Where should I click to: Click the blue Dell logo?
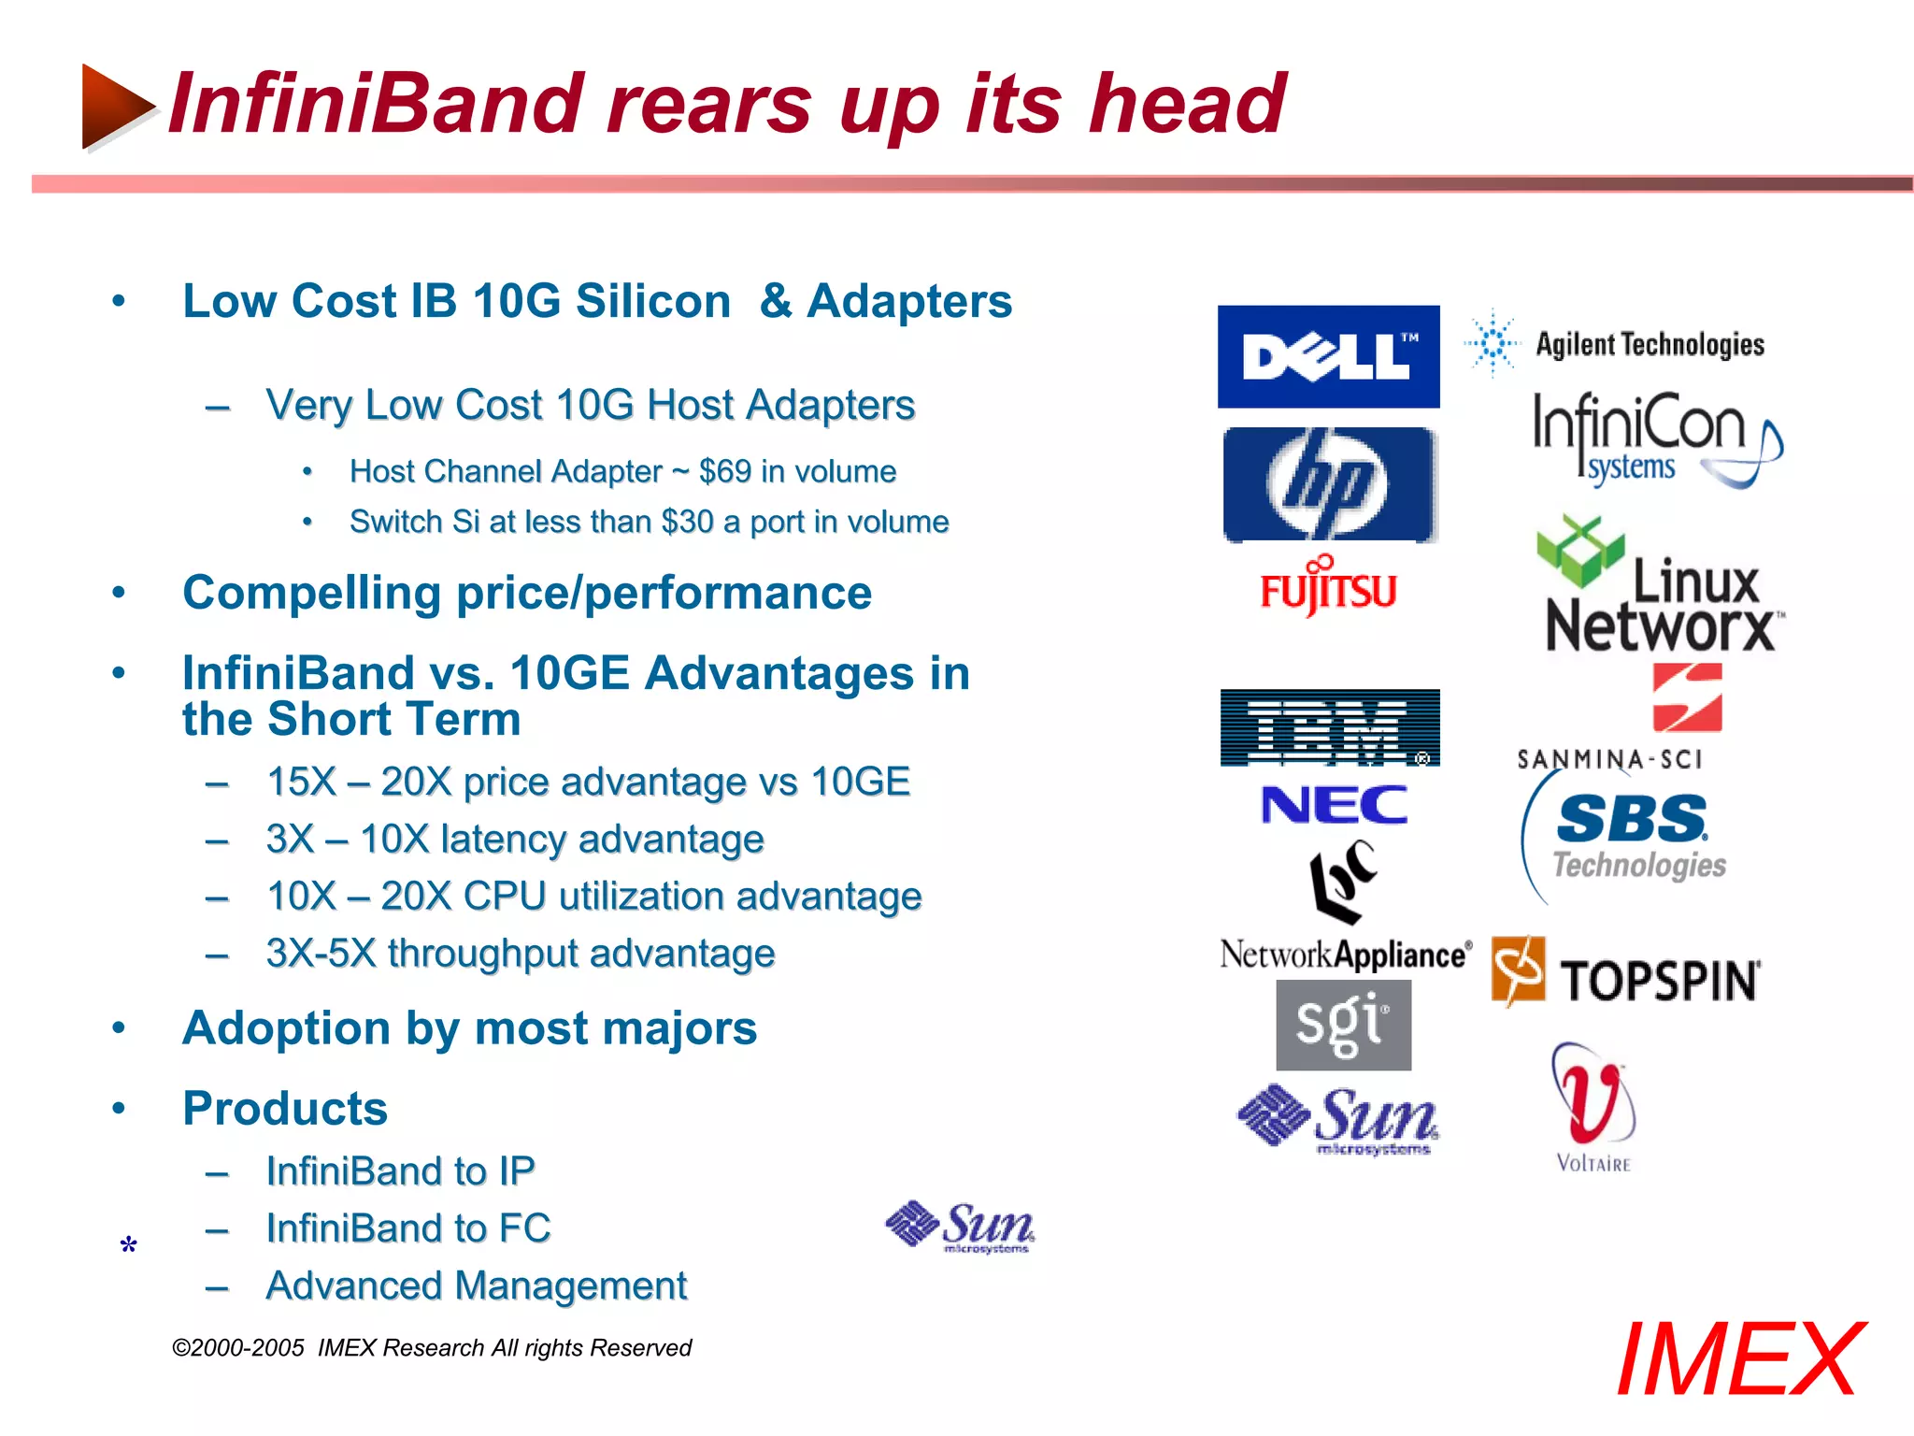[x=1328, y=356]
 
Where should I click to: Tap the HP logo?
[x=1328, y=484]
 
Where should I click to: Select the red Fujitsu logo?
[x=1328, y=589]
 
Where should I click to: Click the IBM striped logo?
[x=1329, y=727]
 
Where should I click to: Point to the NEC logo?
[x=1334, y=805]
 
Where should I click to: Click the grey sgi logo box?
[x=1343, y=1025]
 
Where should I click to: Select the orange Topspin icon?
[x=1518, y=971]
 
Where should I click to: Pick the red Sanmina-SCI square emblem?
[x=1687, y=697]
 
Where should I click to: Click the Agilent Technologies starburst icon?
[x=1493, y=343]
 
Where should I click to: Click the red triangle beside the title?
[x=114, y=106]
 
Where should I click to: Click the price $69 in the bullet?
[x=724, y=471]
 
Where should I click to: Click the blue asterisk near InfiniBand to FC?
[x=129, y=1245]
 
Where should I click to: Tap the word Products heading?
[x=285, y=1109]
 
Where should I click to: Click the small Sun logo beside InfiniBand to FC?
[x=960, y=1227]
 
